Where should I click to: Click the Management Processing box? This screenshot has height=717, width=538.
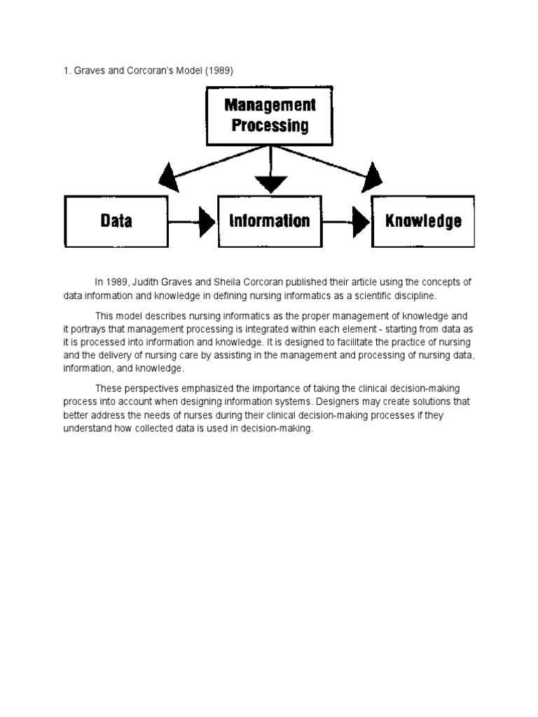click(270, 116)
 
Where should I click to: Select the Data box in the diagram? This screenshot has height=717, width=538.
click(116, 221)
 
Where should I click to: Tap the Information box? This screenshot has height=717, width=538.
click(270, 221)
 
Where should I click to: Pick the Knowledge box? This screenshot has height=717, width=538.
click(423, 221)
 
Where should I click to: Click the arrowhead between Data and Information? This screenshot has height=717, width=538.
click(207, 222)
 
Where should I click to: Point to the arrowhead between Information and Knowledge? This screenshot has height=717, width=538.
click(361, 222)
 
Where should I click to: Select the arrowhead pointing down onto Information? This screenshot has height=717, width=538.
click(270, 184)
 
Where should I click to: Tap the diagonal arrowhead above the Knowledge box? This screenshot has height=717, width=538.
click(373, 177)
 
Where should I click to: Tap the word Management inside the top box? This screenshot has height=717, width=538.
click(270, 105)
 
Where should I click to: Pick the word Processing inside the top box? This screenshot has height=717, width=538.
click(270, 126)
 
